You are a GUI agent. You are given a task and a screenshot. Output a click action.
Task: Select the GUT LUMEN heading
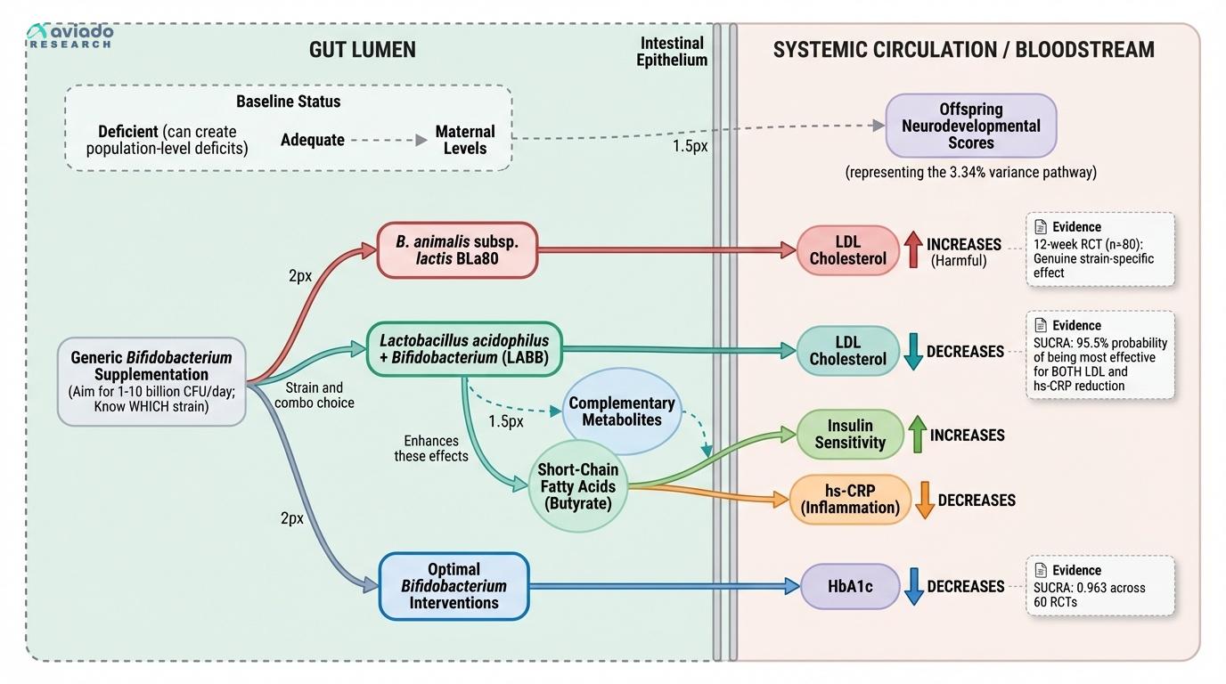(x=362, y=49)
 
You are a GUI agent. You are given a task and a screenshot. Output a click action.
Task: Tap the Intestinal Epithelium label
(x=673, y=52)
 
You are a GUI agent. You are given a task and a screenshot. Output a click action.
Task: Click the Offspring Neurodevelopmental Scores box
(x=970, y=126)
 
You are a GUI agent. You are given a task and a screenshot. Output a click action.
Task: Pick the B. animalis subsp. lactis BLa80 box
(x=457, y=250)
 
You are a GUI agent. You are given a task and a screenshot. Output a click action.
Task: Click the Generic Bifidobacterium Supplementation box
(x=151, y=381)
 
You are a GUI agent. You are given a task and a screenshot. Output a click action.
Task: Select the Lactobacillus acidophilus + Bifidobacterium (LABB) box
(x=464, y=349)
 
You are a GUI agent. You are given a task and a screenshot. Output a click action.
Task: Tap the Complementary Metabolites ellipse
(x=621, y=411)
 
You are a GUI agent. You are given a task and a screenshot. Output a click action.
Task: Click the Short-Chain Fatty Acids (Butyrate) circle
(x=578, y=486)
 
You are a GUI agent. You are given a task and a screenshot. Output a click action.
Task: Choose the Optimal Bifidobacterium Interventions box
(x=454, y=586)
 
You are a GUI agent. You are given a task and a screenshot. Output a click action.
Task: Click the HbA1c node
(x=851, y=586)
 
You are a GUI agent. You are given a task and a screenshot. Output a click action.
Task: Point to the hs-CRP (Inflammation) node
(x=850, y=500)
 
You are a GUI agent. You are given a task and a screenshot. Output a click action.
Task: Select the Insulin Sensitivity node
(x=850, y=435)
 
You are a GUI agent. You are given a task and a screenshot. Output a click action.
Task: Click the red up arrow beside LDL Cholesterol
(x=913, y=249)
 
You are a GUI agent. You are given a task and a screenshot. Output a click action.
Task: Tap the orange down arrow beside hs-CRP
(x=925, y=500)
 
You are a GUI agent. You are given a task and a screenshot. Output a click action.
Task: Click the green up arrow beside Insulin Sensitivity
(x=917, y=435)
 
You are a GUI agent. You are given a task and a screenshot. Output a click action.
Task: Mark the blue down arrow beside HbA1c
(x=913, y=586)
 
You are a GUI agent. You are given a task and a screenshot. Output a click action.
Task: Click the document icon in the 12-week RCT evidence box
(x=1040, y=227)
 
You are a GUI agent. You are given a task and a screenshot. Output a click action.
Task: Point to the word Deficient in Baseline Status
(x=127, y=132)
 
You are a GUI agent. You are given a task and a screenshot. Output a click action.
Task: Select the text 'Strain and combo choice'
(x=314, y=395)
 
